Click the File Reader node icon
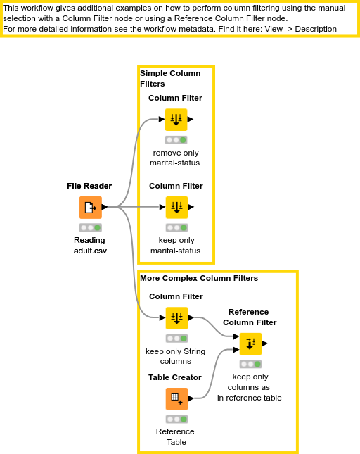point(89,208)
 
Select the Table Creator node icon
point(176,399)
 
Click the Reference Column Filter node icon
point(250,344)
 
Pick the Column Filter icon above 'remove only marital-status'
point(176,120)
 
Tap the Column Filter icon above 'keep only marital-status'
point(176,208)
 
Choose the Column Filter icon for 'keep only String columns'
point(176,318)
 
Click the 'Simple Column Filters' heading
point(170,78)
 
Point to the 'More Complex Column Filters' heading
point(199,278)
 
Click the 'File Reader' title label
point(89,186)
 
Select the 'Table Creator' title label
point(175,377)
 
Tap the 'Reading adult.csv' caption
point(89,245)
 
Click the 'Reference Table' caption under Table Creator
point(175,436)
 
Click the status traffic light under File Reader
point(89,228)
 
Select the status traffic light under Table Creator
point(176,420)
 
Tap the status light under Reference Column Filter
point(250,365)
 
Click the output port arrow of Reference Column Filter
point(265,343)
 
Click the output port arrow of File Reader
point(105,207)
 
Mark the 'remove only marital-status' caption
point(175,158)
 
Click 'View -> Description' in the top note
point(295,29)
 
